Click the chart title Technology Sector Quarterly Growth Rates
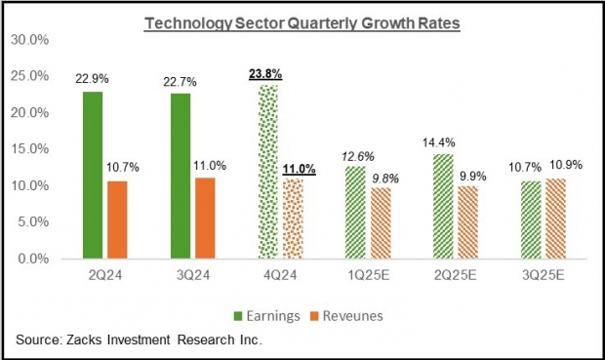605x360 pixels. pyautogui.click(x=302, y=22)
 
